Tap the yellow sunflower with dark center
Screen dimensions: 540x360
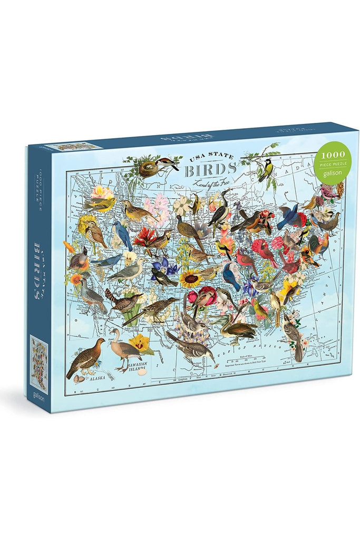click(191, 278)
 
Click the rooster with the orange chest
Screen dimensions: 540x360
click(320, 244)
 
